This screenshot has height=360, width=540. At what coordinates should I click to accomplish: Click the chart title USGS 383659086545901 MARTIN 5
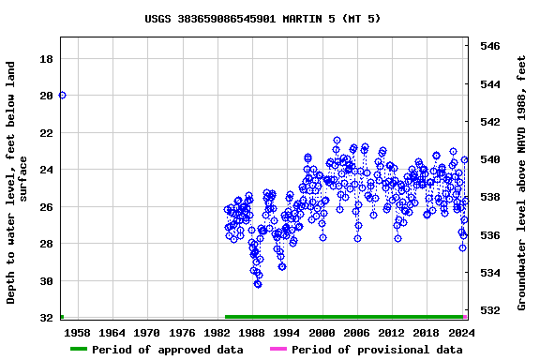pos(262,19)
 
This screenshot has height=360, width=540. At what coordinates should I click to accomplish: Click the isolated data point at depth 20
pos(62,95)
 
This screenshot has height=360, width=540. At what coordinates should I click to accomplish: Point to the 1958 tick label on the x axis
pos(77,333)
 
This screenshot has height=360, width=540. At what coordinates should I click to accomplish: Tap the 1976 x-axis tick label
pos(182,333)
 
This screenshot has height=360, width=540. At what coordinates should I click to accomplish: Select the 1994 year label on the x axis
pos(287,333)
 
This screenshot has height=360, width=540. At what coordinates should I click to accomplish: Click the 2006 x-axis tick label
pos(356,333)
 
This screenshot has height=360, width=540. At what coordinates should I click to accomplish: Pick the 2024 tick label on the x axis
pos(461,333)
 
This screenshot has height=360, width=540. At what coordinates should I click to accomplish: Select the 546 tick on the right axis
pos(490,46)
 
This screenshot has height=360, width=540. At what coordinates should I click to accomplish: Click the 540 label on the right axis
pos(490,159)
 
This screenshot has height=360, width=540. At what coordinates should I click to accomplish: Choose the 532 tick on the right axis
pos(490,309)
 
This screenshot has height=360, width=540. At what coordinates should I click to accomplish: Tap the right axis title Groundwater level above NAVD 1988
pos(522,183)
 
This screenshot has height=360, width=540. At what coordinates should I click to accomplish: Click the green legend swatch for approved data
pos(79,350)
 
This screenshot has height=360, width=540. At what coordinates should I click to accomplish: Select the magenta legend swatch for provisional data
pos(278,350)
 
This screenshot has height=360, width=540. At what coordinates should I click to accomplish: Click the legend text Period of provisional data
pos(377,350)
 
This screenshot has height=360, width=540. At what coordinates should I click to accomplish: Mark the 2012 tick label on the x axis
pos(391,333)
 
